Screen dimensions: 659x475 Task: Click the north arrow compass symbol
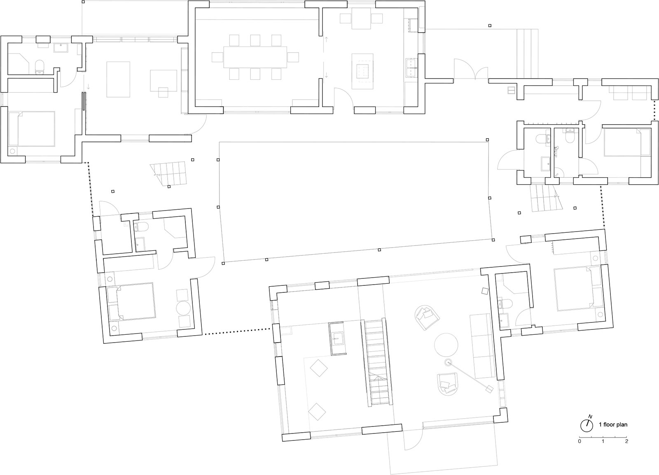point(587,425)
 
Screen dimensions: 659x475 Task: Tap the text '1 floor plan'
point(613,424)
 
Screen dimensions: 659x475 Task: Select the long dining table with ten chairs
point(255,57)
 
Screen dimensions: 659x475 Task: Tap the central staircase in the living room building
point(377,362)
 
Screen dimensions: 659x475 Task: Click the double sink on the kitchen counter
point(411,67)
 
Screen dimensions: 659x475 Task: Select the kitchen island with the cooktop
point(363,71)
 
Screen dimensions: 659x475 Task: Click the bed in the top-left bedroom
point(32,129)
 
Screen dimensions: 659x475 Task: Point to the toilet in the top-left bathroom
point(39,67)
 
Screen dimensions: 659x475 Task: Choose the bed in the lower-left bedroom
point(131,301)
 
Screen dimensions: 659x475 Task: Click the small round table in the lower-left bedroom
point(184,308)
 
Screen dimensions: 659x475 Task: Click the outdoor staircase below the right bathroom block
point(546,198)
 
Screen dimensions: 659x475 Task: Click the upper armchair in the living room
point(427,317)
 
